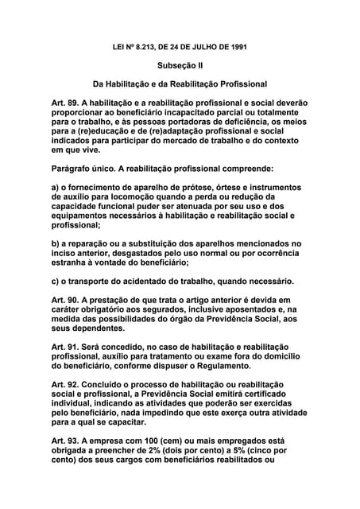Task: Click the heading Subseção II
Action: (x=180, y=64)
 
